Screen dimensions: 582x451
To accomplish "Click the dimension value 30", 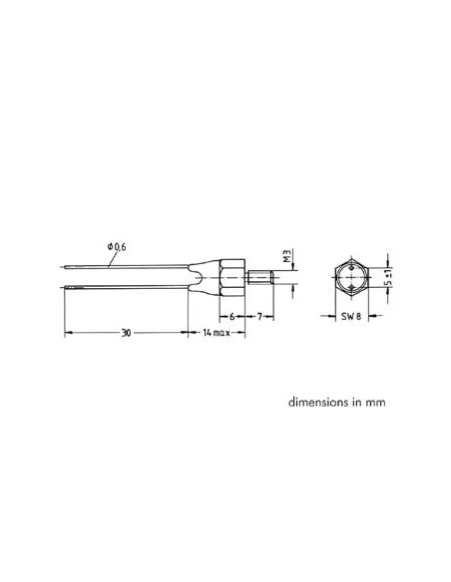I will click(125, 332).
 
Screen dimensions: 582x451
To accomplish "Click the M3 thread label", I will click(286, 258).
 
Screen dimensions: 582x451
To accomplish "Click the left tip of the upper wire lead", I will click(66, 266).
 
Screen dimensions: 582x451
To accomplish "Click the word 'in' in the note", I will click(345, 405).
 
